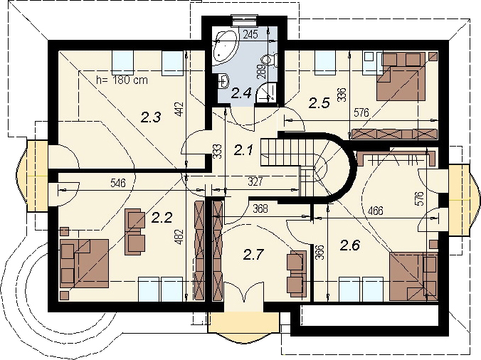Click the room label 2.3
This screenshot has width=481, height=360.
150,116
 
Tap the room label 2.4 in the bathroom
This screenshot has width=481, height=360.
242,91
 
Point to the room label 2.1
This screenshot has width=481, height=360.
244,149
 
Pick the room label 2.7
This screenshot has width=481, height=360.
254,254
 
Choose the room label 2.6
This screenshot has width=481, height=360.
351,245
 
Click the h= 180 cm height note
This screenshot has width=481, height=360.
122,80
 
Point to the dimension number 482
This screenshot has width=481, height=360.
179,235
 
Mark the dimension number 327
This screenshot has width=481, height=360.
255,182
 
